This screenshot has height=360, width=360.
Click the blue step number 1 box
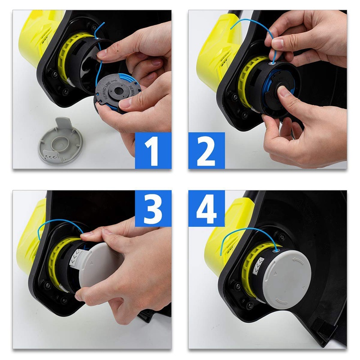click(153, 150)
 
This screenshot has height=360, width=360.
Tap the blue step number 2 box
click(207, 150)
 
